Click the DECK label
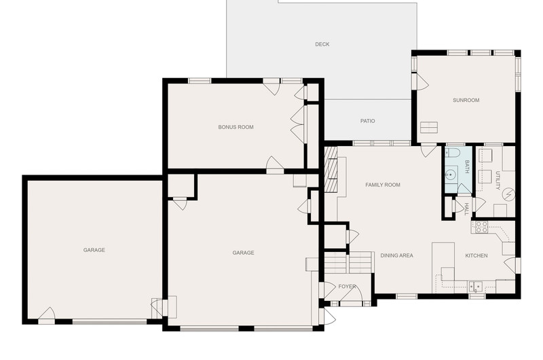click(x=322, y=44)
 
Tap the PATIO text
click(x=367, y=121)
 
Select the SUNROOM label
click(x=466, y=100)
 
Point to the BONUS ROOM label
click(x=236, y=127)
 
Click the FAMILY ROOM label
click(x=383, y=185)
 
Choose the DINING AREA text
click(x=396, y=255)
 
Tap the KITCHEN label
click(x=476, y=255)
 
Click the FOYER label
click(x=347, y=287)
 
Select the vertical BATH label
click(x=466, y=166)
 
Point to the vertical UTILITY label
click(x=498, y=180)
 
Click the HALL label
click(x=466, y=209)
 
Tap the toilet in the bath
click(x=452, y=152)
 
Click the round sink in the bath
click(x=450, y=175)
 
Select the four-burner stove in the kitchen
click(x=481, y=228)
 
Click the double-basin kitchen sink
click(x=476, y=287)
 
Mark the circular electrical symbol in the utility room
click(x=508, y=194)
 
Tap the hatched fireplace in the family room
click(x=331, y=168)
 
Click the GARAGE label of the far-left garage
click(x=94, y=250)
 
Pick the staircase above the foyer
click(x=348, y=263)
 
